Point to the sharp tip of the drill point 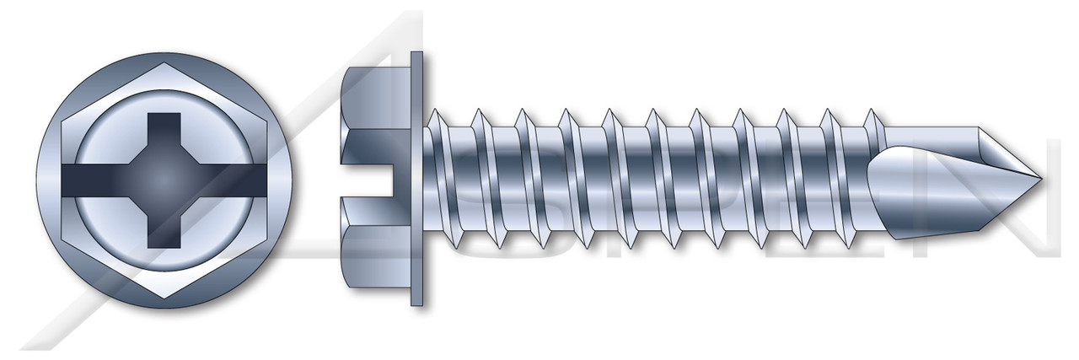point(1042,180)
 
